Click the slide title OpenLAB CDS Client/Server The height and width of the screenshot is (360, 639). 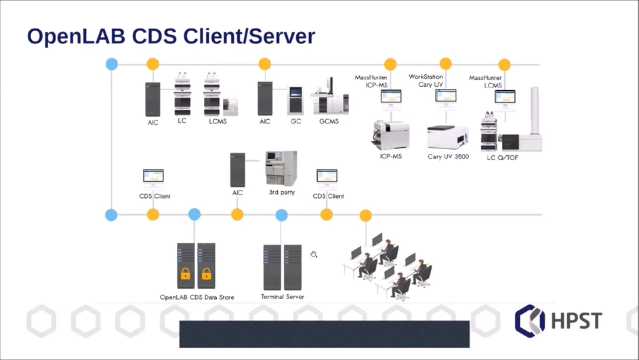(x=171, y=36)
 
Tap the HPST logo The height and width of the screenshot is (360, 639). (x=557, y=320)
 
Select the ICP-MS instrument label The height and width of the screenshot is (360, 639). (x=392, y=157)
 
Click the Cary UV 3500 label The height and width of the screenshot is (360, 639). (x=448, y=157)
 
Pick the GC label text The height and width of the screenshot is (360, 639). (x=296, y=121)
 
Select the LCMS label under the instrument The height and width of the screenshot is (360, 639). (x=218, y=121)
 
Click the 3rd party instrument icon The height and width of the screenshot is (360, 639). (x=281, y=168)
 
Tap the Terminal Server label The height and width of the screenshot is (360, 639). (x=283, y=297)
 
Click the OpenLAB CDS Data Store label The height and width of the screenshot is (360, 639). (x=197, y=297)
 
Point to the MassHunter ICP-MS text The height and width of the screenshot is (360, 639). (x=371, y=81)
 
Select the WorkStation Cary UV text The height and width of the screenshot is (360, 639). (x=426, y=81)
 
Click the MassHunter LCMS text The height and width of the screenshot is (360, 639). (x=486, y=81)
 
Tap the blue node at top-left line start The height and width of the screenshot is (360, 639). (x=112, y=64)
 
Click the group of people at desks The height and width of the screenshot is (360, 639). (x=387, y=266)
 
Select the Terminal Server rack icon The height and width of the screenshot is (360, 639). (x=283, y=266)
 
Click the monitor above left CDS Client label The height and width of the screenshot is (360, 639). (x=153, y=177)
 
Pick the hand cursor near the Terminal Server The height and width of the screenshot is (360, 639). (x=314, y=254)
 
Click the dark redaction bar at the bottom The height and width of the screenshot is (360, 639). (x=324, y=334)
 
